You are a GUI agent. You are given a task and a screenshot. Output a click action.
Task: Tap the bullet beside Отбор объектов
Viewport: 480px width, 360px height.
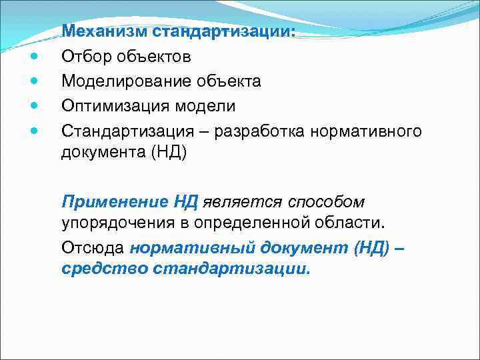click(x=34, y=57)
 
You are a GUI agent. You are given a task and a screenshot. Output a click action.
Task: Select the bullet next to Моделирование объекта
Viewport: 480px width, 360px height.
click(x=34, y=81)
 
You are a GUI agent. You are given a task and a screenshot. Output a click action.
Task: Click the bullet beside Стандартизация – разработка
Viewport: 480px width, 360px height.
click(x=34, y=131)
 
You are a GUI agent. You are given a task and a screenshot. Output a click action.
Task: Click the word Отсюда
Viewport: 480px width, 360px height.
click(x=93, y=248)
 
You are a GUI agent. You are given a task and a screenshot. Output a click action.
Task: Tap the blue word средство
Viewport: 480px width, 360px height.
click(x=104, y=270)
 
